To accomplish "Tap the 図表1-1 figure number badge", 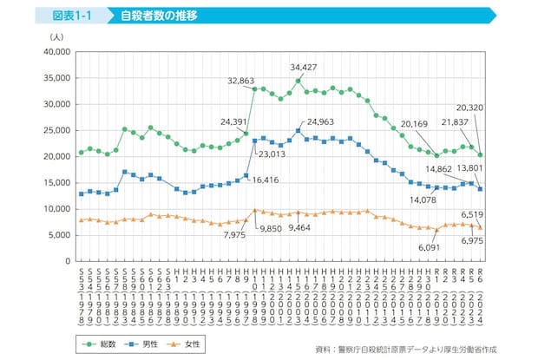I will pos(72,16).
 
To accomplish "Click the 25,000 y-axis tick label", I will pos(55,130).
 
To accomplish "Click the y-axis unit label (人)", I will pos(56,36).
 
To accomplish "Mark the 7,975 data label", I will pos(232,234).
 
